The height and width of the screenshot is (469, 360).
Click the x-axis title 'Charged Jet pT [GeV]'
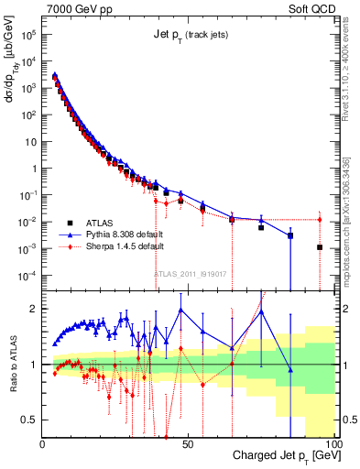(x=279, y=455)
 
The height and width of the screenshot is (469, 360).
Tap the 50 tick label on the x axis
(x=188, y=443)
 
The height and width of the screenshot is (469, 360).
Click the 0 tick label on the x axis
(x=43, y=443)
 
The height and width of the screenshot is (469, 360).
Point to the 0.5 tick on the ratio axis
(x=29, y=420)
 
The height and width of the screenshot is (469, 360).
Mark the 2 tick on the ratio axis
(x=34, y=309)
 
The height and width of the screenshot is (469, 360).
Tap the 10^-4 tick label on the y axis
(x=27, y=276)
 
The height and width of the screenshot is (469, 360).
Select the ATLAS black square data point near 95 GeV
(x=320, y=247)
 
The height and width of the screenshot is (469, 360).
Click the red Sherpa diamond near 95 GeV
(x=320, y=220)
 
